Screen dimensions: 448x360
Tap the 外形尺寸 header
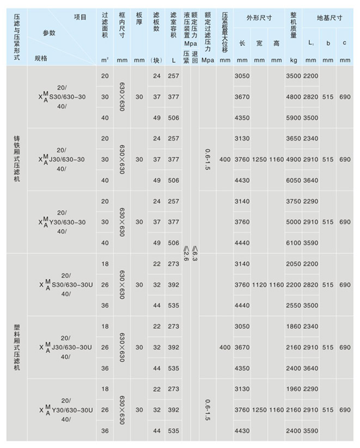pyautogui.click(x=259, y=17)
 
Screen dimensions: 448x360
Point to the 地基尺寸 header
pyautogui.click(x=329, y=17)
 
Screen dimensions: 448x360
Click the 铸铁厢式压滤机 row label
pyautogui.click(x=16, y=159)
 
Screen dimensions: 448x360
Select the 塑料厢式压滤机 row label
pyautogui.click(x=16, y=347)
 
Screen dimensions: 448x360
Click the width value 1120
pyautogui.click(x=259, y=285)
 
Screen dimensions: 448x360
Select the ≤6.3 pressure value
pyautogui.click(x=194, y=254)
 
